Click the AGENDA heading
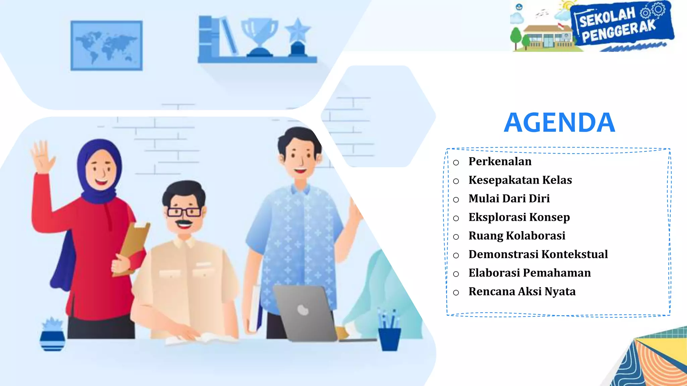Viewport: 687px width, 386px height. coord(559,123)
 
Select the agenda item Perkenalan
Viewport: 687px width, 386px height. coord(500,162)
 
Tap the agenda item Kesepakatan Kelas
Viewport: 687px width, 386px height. coord(520,180)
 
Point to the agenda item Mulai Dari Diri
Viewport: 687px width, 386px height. coord(509,198)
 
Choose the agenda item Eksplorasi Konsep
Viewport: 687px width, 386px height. coord(519,217)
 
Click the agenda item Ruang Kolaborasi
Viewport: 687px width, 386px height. coord(517,236)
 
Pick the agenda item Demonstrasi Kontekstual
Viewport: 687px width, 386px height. coord(538,254)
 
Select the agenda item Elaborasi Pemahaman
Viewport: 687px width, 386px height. coord(529,273)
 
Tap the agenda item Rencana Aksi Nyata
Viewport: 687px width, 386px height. coord(522,292)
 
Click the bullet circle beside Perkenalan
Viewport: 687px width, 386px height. coord(456,163)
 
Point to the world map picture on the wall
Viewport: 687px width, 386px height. coord(106,46)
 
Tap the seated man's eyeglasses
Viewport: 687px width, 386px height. coord(184,212)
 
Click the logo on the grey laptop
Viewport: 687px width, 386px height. coord(303,310)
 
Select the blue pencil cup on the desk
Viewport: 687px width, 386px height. coord(389,338)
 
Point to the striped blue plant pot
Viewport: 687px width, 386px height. coord(52,340)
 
